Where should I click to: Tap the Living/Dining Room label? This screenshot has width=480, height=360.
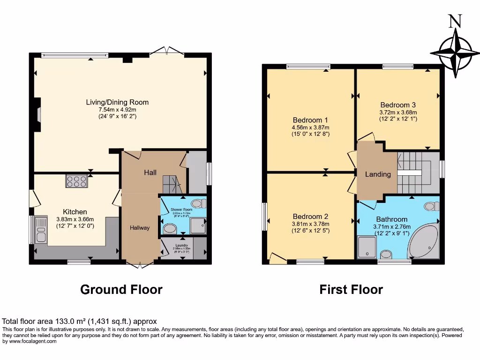117,102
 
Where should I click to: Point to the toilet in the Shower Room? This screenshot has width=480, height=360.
199,203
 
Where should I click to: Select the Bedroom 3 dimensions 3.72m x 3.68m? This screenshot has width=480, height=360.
398,112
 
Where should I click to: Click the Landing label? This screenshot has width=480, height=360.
378,174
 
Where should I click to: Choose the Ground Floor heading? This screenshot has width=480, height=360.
121,289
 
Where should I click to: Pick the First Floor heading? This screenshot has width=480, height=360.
351,289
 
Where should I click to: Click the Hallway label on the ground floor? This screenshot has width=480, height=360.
140,228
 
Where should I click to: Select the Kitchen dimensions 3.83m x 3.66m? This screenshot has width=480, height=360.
75,219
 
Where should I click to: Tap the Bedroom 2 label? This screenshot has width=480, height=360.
310,217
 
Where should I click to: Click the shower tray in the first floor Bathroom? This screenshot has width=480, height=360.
367,247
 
